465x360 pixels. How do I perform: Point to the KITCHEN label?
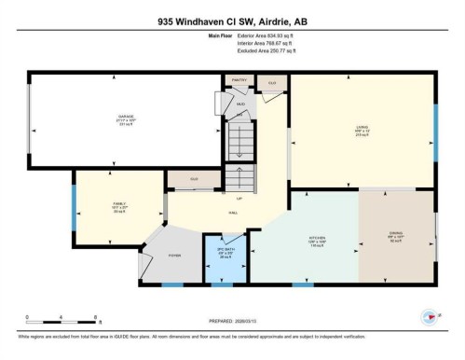(x=318, y=239)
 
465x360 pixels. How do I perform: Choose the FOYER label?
(x=174, y=251)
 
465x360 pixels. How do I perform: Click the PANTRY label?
(x=238, y=80)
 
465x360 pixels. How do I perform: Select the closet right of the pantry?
(x=271, y=83)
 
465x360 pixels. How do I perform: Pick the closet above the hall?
(x=194, y=178)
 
